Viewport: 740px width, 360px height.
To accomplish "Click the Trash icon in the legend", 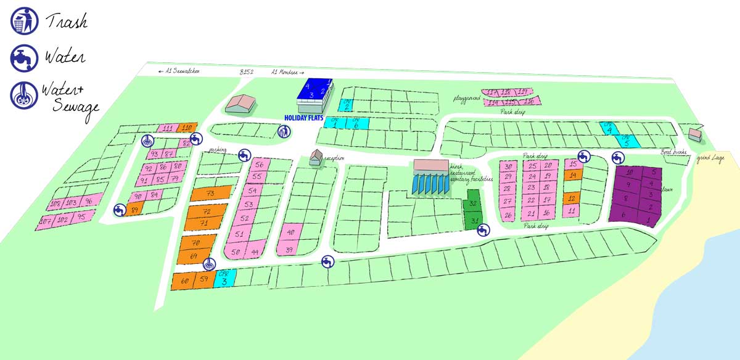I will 21,20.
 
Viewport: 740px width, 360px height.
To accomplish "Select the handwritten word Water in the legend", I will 64,58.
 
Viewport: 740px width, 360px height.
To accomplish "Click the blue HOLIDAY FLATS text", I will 303,117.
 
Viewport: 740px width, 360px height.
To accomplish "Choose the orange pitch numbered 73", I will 210,194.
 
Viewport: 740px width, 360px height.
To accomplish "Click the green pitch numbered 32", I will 472,204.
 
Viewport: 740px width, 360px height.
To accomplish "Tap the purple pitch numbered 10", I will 629,173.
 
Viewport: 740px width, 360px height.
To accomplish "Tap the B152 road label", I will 247,72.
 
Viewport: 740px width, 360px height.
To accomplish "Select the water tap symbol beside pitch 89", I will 118,210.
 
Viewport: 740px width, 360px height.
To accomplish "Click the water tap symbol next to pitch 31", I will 483,230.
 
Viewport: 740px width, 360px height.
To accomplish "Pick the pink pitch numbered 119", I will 523,91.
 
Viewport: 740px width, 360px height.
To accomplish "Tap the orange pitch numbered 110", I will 187,128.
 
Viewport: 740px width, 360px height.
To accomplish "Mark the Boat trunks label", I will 674,152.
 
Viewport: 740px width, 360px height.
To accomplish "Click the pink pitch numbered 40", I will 291,232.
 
